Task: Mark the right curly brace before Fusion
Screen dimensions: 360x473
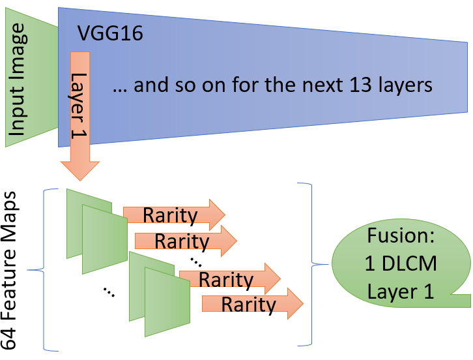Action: pyautogui.click(x=311, y=264)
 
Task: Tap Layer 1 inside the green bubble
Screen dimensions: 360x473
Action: pyautogui.click(x=400, y=292)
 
